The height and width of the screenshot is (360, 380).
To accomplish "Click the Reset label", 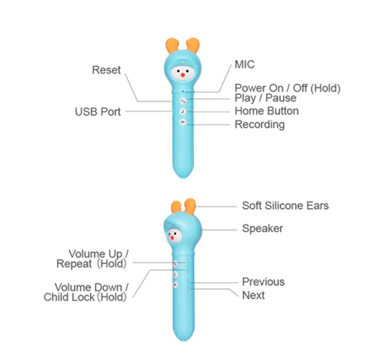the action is click(107, 70).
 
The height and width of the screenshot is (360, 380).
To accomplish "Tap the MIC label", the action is click(245, 64).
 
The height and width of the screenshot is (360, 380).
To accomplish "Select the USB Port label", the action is click(97, 111).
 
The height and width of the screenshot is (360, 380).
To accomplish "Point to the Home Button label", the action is click(267, 111).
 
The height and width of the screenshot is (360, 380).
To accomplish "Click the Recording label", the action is click(259, 125).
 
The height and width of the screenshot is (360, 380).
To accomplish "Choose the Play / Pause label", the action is click(265, 98).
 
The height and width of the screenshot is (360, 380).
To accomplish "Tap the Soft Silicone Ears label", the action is click(285, 206).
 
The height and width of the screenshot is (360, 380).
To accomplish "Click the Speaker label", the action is click(263, 229).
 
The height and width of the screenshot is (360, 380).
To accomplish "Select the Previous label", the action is click(264, 282).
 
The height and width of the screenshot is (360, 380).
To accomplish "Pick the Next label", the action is click(254, 296).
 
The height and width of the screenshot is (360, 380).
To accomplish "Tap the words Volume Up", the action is click(95, 253).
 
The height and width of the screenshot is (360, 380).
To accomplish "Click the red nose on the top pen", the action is click(183, 75).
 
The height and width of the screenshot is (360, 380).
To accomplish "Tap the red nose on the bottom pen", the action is click(172, 238).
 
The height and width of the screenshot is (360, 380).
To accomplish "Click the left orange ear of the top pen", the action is click(172, 45).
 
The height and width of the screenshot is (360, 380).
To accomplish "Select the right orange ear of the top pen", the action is click(192, 45).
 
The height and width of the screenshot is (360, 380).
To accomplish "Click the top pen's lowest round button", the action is click(183, 122).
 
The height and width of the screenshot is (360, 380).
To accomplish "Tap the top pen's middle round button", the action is click(183, 111).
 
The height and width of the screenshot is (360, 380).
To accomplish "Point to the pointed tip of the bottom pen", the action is click(183, 340).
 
